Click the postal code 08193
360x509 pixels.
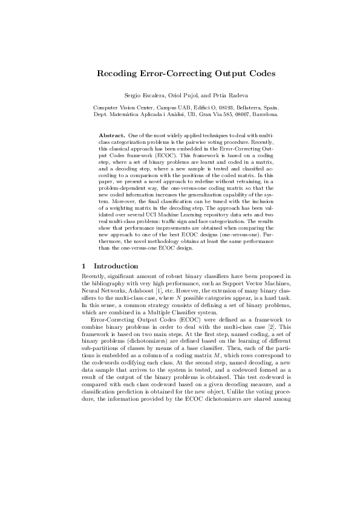211,107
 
